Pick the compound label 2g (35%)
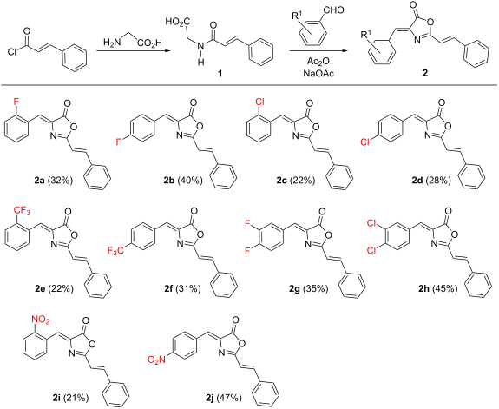pos(285,293)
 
